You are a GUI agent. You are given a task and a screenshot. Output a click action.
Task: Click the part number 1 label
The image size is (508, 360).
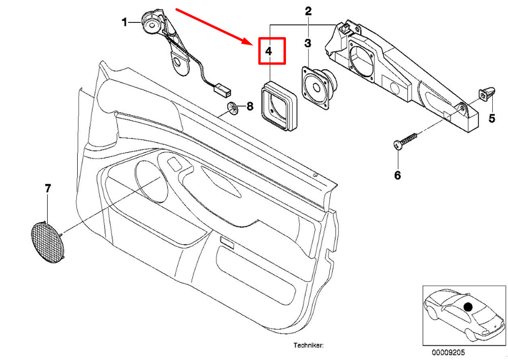(124, 22)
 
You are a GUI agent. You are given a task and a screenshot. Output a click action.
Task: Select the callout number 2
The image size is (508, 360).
(308, 11)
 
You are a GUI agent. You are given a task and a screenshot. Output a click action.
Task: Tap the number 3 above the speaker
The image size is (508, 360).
(308, 43)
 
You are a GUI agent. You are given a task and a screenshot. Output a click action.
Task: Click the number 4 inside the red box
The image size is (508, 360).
(268, 51)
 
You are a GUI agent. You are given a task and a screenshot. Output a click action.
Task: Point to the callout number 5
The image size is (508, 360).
(492, 118)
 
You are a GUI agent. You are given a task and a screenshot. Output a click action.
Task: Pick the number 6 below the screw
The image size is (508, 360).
(398, 175)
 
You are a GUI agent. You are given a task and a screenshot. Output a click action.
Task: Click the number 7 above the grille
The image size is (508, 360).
(48, 188)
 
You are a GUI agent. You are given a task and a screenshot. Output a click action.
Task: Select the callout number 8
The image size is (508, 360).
(250, 106)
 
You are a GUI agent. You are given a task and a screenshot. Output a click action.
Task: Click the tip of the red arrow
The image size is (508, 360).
(252, 44)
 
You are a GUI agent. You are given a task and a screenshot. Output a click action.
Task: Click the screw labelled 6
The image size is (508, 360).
(405, 141)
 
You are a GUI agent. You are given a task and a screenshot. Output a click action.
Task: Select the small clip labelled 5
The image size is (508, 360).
(487, 93)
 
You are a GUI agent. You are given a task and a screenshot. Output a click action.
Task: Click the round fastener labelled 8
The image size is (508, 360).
(233, 108)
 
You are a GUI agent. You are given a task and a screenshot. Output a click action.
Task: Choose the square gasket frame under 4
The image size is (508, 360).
(278, 106)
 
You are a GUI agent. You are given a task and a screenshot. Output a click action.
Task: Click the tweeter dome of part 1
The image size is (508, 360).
(151, 25)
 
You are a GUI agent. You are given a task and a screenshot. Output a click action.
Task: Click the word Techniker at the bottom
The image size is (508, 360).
(308, 345)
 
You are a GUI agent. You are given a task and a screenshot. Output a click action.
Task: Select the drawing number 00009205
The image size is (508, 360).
(448, 352)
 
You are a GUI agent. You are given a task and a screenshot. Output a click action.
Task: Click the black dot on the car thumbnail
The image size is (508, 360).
(468, 307)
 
